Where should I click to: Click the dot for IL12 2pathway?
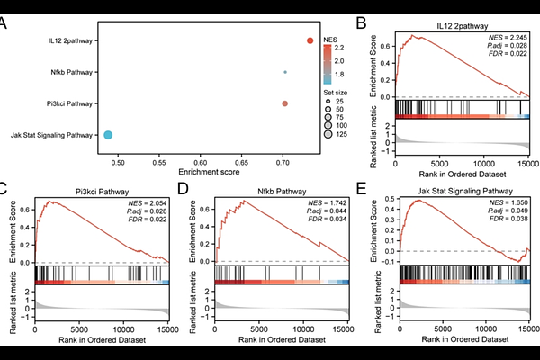click(x=310, y=40)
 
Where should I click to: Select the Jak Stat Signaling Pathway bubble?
click(x=107, y=135)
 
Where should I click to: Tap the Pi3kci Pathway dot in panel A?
click(x=285, y=103)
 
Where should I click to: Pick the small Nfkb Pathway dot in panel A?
click(x=285, y=72)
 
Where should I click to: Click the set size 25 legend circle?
click(x=330, y=102)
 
